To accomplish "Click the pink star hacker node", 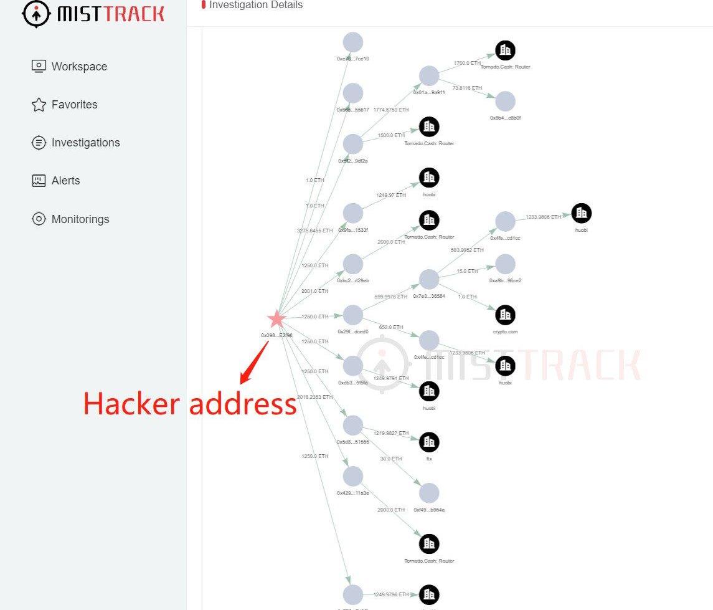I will pos(276,320).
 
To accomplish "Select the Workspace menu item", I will pos(79,67).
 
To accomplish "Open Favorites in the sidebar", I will pos(74,105).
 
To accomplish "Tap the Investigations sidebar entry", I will pos(85,143).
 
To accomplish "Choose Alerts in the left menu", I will pos(65,181).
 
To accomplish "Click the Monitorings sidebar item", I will pos(80,219).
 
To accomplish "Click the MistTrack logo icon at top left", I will pos(36,14).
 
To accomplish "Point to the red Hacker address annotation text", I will pos(190,404).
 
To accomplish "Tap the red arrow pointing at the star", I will pos(255,361).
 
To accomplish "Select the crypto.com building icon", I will pos(505,315).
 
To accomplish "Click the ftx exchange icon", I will pos(429,442).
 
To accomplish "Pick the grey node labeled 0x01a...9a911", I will pos(429,76).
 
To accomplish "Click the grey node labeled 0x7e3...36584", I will pos(429,279).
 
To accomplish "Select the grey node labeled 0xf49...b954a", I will pos(429,493).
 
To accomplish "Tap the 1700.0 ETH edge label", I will pos(467,63).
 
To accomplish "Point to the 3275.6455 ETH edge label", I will pos(314,231).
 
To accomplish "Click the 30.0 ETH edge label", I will pos(392,459).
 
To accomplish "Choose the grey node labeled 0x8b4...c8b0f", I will pos(505,102).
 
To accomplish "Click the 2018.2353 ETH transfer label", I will pos(314,397).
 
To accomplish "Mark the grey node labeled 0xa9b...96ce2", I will pos(505,264).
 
